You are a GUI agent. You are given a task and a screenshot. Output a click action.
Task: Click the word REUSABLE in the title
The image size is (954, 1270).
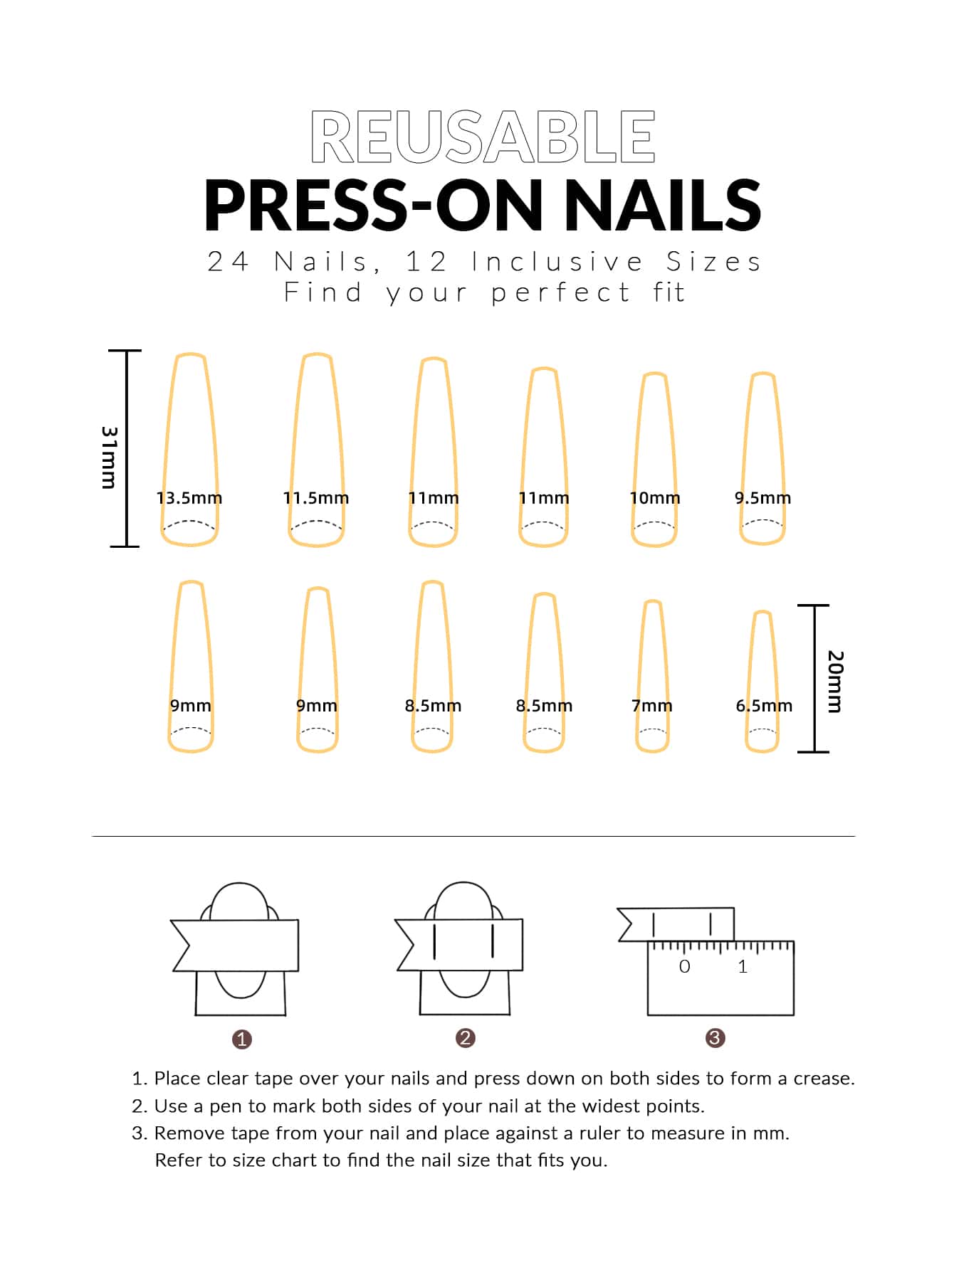click(x=483, y=137)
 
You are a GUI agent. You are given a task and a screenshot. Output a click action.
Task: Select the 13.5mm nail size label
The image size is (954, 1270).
click(x=189, y=498)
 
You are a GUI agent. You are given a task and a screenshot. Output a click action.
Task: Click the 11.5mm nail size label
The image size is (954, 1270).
click(x=316, y=498)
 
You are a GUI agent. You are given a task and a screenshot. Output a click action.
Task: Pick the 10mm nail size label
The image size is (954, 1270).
click(x=655, y=498)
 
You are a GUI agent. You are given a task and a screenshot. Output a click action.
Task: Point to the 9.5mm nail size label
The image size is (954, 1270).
click(x=763, y=498)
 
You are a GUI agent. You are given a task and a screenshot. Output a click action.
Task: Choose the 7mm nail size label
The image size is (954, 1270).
click(x=652, y=706)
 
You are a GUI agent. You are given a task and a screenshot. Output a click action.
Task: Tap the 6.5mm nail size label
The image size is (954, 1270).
click(x=764, y=706)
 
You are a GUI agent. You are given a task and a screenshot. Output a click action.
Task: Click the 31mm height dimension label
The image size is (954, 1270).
click(x=109, y=457)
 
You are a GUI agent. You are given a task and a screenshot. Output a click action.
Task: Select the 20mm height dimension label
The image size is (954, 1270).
click(x=835, y=682)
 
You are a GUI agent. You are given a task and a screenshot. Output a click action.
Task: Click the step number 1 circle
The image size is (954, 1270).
click(x=242, y=1039)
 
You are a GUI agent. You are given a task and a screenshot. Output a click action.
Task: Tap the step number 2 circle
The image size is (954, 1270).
click(x=466, y=1038)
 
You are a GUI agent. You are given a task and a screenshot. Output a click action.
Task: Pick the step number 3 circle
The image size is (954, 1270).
click(x=715, y=1038)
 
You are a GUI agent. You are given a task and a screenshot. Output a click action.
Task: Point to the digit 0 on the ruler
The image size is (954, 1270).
click(x=684, y=967)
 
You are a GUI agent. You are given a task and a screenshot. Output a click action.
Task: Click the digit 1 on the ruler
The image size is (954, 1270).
click(x=743, y=967)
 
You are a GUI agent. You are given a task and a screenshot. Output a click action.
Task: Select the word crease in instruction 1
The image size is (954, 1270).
click(x=824, y=1079)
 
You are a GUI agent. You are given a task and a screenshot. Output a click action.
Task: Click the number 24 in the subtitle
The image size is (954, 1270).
click(x=228, y=262)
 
